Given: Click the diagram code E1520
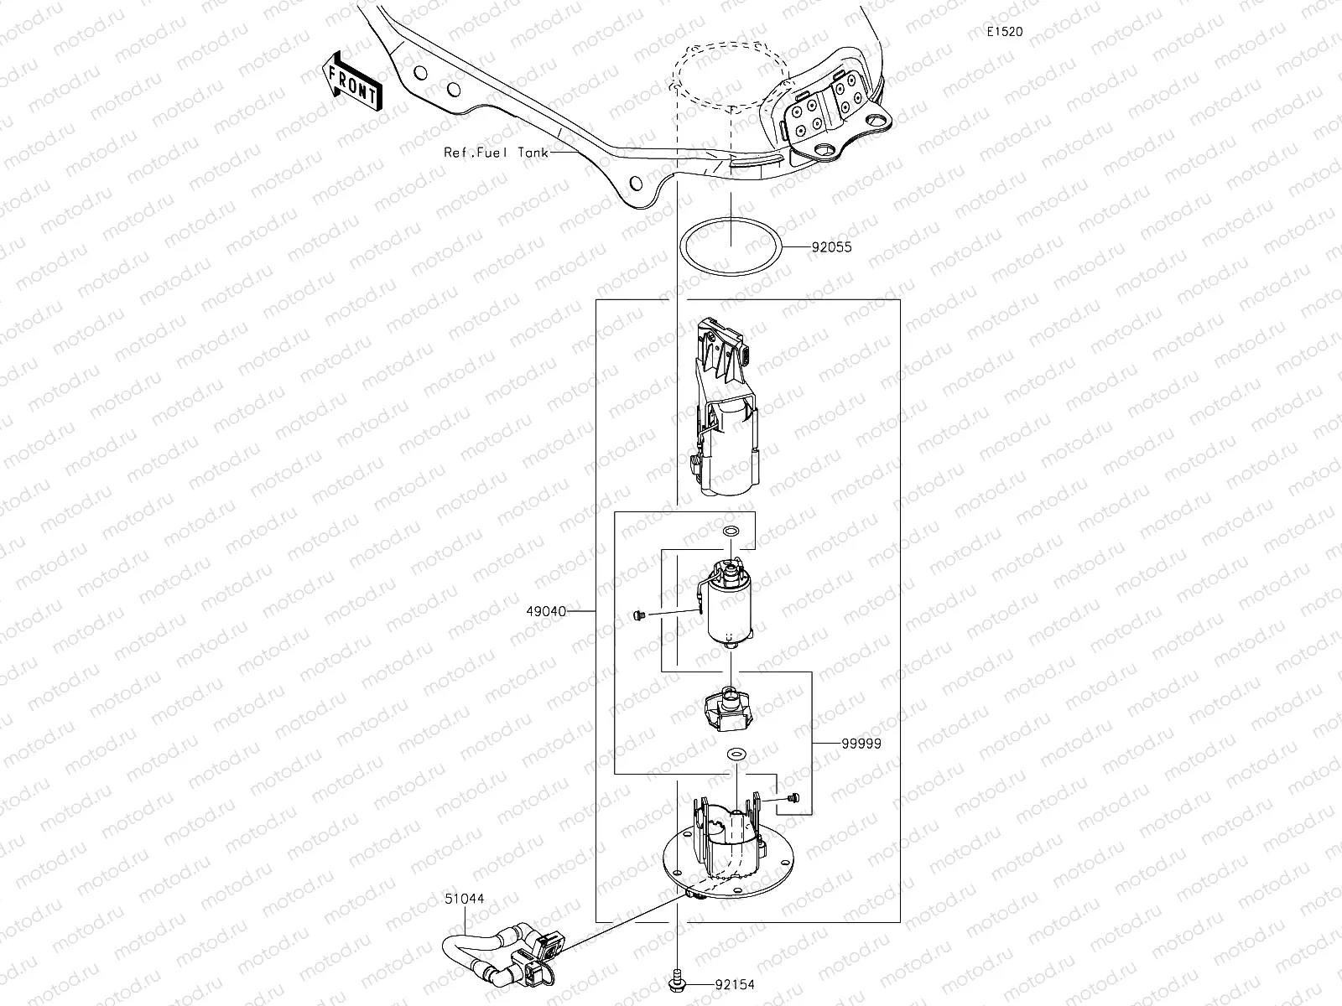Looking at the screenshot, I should (1004, 31).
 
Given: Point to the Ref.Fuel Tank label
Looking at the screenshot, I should (496, 153).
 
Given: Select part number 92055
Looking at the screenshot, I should (831, 248).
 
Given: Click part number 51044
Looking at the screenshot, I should (464, 899).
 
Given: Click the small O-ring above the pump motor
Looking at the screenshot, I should (731, 532).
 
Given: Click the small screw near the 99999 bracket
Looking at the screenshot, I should (793, 800).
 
